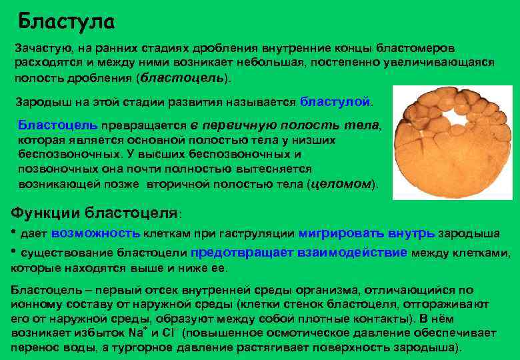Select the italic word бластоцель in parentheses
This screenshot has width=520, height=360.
[181, 78]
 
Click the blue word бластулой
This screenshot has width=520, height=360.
[335, 102]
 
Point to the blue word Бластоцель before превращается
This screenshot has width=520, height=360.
[57, 125]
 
